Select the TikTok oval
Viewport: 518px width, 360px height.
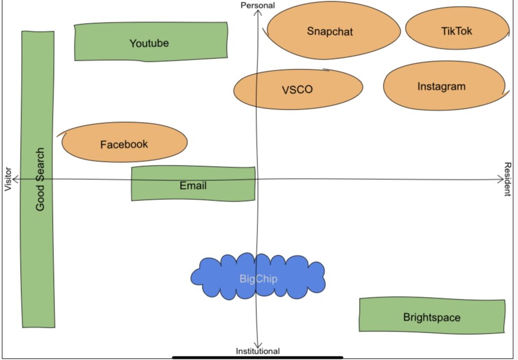[456, 31]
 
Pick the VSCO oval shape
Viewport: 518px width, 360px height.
[298, 89]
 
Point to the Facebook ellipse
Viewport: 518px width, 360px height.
[124, 144]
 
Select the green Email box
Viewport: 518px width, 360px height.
[193, 186]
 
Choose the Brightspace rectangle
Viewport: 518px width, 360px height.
[432, 317]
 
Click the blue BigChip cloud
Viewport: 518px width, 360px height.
[258, 278]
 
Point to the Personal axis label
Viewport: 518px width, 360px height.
[257, 5]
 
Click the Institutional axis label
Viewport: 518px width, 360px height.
[257, 351]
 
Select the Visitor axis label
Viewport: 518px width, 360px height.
[8, 179]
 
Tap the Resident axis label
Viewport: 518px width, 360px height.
[508, 179]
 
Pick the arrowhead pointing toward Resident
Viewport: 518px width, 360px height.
[500, 179]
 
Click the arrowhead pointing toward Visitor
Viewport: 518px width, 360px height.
[16, 179]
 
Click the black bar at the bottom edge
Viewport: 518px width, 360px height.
[257, 357]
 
